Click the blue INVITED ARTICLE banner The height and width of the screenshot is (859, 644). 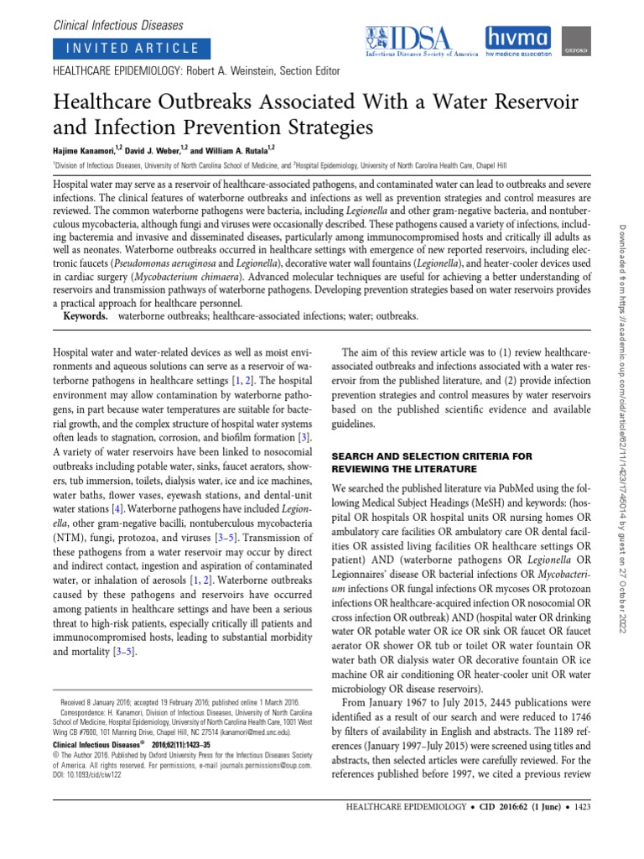(128, 48)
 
